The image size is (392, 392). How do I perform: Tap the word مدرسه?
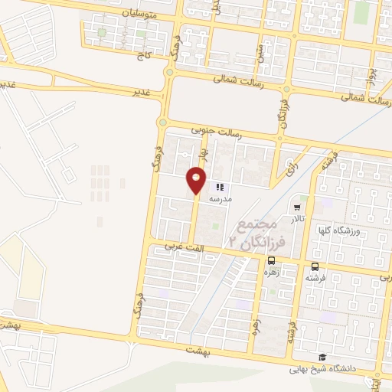coord(220,199)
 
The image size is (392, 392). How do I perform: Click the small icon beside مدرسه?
coord(220,186)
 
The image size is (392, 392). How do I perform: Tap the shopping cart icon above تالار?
coord(297,206)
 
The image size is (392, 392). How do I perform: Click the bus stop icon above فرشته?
coord(315,266)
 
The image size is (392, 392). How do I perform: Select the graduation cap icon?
coord(322,358)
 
